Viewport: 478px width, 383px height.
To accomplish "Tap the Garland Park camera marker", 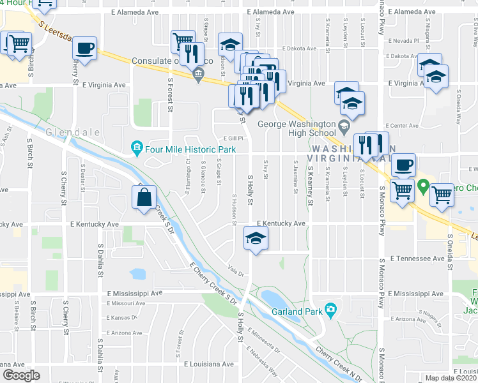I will pyautogui.click(x=330, y=310).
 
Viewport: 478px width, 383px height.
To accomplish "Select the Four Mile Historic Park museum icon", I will pyautogui.click(x=137, y=149).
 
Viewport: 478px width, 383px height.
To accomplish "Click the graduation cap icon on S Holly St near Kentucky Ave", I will pyautogui.click(x=256, y=239).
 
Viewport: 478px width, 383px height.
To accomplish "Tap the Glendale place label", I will pyautogui.click(x=64, y=132).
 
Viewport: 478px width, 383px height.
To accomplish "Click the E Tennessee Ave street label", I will pyautogui.click(x=419, y=259).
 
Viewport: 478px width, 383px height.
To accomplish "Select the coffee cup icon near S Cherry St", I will pyautogui.click(x=84, y=47).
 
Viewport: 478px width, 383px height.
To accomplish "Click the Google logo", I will pyautogui.click(x=21, y=375).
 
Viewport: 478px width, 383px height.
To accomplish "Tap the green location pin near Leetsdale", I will pyautogui.click(x=423, y=188).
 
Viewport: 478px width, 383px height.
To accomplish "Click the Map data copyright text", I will pyautogui.click(x=451, y=378).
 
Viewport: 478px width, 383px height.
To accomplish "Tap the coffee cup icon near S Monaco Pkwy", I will pyautogui.click(x=403, y=165).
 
